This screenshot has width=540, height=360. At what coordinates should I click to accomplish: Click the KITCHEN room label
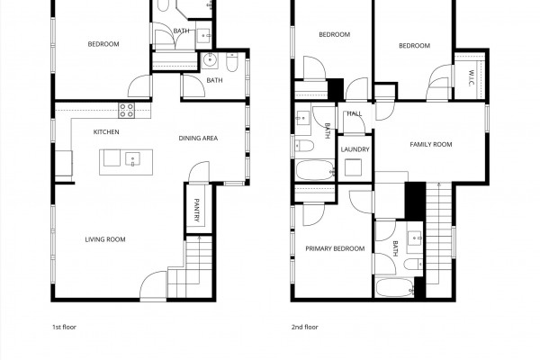tap(106, 132)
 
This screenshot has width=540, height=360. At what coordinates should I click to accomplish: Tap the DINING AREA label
tap(198, 138)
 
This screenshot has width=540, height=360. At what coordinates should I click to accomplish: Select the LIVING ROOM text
tap(105, 239)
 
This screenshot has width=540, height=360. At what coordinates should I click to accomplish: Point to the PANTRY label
tap(196, 210)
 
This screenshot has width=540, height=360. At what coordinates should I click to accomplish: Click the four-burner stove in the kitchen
tap(126, 110)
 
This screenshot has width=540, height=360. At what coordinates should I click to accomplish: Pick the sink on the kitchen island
tap(132, 159)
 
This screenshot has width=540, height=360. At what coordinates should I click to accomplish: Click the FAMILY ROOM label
tap(431, 144)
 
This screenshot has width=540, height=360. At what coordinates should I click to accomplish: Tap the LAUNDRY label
tap(355, 149)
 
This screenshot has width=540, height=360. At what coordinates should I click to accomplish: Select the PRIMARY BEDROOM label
tap(335, 248)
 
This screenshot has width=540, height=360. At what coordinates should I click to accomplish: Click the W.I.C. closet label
tap(471, 78)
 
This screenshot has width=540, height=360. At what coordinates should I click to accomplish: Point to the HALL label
tap(355, 113)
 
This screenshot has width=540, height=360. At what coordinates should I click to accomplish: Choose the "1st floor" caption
tap(64, 327)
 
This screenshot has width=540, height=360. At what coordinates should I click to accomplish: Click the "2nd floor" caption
tap(305, 327)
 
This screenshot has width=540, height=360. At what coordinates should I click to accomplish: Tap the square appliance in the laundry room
tap(353, 167)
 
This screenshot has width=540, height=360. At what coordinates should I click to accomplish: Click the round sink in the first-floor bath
tap(210, 60)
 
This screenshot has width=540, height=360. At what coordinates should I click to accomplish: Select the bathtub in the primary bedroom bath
tap(395, 288)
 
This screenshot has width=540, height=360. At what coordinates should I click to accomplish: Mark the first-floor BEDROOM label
tap(103, 44)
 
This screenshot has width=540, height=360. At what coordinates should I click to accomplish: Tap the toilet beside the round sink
tap(232, 62)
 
